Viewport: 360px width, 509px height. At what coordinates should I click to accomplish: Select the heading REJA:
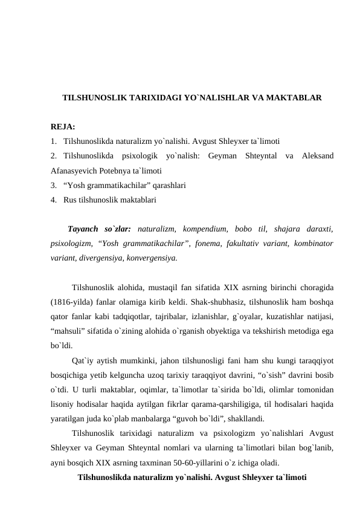(x=63, y=128)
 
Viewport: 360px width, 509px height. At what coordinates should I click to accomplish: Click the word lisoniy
(x=63, y=403)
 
